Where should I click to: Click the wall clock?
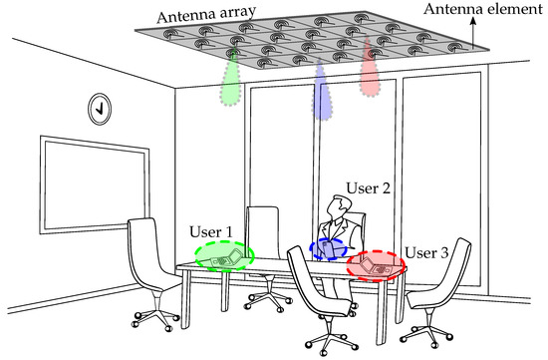(100, 109)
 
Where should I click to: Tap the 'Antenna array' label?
(206, 14)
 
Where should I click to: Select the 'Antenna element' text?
(483, 9)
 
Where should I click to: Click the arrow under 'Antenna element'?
(473, 33)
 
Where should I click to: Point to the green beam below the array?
(231, 79)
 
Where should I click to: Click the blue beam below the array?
(322, 93)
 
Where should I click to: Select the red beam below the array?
(370, 70)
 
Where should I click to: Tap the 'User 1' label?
(211, 231)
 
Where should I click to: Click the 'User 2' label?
(368, 188)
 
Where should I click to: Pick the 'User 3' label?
(426, 252)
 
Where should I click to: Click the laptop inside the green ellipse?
(227, 258)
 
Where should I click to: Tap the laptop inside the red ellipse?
(375, 266)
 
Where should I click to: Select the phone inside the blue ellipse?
(328, 248)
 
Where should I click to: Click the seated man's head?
(339, 206)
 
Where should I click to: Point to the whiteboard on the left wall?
(95, 184)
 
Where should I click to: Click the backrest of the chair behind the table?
(263, 231)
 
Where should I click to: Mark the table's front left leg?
(185, 300)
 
